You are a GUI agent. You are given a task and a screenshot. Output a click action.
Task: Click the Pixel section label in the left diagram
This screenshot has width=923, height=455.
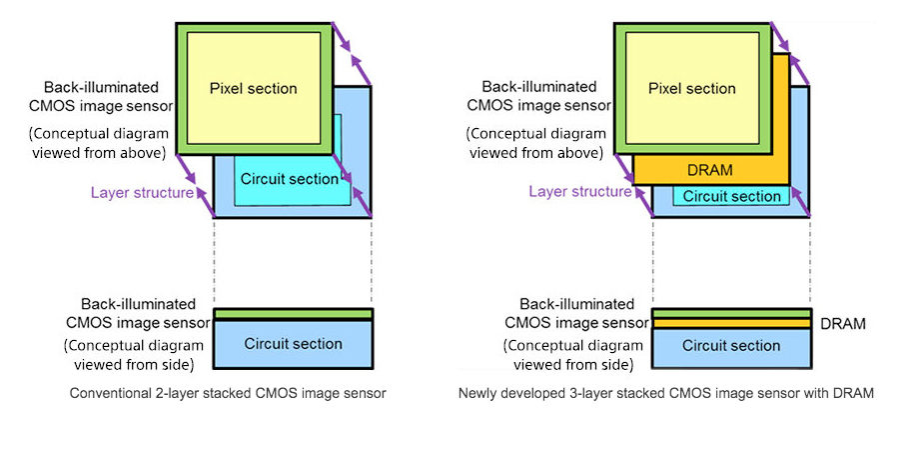click(x=253, y=89)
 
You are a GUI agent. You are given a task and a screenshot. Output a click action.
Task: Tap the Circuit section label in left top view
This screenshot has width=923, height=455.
click(x=289, y=179)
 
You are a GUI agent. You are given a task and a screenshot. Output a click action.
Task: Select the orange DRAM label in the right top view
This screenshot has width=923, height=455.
click(x=710, y=170)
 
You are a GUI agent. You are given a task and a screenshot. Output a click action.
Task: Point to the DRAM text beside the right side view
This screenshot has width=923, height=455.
click(x=842, y=324)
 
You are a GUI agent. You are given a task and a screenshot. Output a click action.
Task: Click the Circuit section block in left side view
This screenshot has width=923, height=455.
click(x=293, y=344)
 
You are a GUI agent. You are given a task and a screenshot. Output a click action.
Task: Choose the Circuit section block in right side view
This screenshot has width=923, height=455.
click(x=730, y=346)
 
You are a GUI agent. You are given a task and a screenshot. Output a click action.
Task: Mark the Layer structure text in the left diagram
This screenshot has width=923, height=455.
click(x=142, y=192)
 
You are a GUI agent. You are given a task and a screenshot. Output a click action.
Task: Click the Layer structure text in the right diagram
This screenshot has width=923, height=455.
click(x=579, y=191)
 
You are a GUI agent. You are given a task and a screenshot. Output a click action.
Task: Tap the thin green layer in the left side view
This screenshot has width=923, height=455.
click(x=293, y=314)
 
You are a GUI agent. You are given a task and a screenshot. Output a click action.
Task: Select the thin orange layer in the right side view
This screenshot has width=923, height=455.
click(x=730, y=324)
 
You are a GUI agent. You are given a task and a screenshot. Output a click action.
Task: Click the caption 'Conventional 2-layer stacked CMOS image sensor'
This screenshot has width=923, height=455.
click(x=228, y=394)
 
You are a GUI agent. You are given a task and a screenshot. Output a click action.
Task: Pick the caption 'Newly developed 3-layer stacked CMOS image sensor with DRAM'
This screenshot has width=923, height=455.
click(x=665, y=394)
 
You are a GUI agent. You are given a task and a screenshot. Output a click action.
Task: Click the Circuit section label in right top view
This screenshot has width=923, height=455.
click(x=731, y=196)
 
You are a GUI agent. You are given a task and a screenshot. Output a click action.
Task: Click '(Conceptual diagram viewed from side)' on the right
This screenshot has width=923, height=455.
click(x=550, y=356)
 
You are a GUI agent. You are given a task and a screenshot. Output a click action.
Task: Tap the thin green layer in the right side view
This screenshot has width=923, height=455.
click(x=730, y=313)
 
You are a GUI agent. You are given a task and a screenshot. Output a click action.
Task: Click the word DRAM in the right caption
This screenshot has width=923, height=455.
click(x=855, y=394)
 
